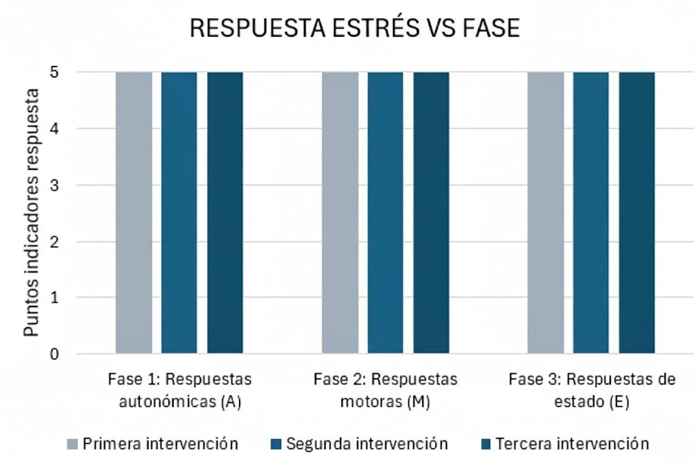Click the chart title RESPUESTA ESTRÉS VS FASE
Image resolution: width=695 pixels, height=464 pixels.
pos(354,28)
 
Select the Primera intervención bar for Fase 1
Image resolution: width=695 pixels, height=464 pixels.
pos(134,213)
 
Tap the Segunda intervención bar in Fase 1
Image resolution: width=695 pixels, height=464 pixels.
pos(179,213)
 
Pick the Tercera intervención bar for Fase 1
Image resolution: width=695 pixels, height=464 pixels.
pos(225,213)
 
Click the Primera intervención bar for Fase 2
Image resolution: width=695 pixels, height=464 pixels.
pos(340,213)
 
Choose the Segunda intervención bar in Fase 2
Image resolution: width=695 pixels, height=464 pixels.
pos(386,213)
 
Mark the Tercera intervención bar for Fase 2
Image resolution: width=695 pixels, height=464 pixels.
pos(431,213)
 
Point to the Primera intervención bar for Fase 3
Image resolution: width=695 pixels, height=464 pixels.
pos(546,213)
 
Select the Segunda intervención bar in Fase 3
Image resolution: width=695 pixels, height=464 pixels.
pos(591,213)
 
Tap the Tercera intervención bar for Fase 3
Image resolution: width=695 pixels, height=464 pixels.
pos(637,213)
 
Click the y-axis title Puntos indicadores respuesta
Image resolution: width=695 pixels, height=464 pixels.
pos(31,213)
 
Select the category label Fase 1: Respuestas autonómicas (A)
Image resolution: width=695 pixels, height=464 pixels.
pos(180,390)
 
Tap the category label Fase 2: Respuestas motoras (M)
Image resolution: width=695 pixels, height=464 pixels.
pos(386,390)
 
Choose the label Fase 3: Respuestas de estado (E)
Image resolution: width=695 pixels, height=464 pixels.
pos(592,390)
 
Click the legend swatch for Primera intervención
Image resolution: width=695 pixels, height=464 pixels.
pos(73,444)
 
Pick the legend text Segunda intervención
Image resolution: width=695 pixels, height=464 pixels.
pos(367,444)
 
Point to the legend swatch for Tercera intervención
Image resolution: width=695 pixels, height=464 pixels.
pos(486,444)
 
